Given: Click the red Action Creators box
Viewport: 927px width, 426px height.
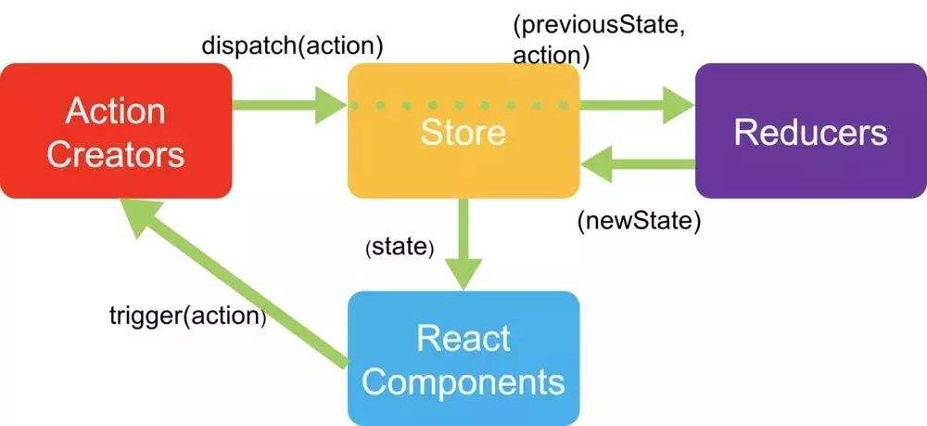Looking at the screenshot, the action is tap(116, 131).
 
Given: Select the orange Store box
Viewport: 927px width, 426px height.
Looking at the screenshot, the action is tap(463, 131).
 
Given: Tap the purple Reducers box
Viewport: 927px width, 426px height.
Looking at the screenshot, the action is tap(810, 131).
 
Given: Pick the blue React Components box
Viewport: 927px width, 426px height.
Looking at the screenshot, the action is tap(463, 358).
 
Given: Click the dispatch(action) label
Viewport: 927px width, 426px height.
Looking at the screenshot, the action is tap(292, 46).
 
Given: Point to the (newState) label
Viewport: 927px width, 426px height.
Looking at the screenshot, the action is tap(639, 221).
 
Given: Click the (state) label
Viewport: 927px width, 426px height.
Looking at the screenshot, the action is tap(400, 247).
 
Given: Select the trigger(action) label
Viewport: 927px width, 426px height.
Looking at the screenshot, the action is tap(188, 316).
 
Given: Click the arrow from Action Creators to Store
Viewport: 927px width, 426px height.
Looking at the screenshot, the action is tap(289, 105).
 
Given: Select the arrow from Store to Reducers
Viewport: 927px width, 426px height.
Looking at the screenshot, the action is tap(637, 105).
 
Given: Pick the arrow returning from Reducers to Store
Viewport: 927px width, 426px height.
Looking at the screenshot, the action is tap(637, 164).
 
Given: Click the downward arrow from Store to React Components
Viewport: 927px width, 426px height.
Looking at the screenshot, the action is tap(463, 244).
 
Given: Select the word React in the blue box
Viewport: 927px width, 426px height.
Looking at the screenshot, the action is tap(463, 339).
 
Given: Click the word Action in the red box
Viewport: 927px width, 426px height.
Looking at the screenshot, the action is tap(116, 110).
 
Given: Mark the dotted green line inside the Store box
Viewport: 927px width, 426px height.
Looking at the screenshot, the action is tap(460, 105).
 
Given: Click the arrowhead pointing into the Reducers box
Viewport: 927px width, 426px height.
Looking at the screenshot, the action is tap(678, 105).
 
